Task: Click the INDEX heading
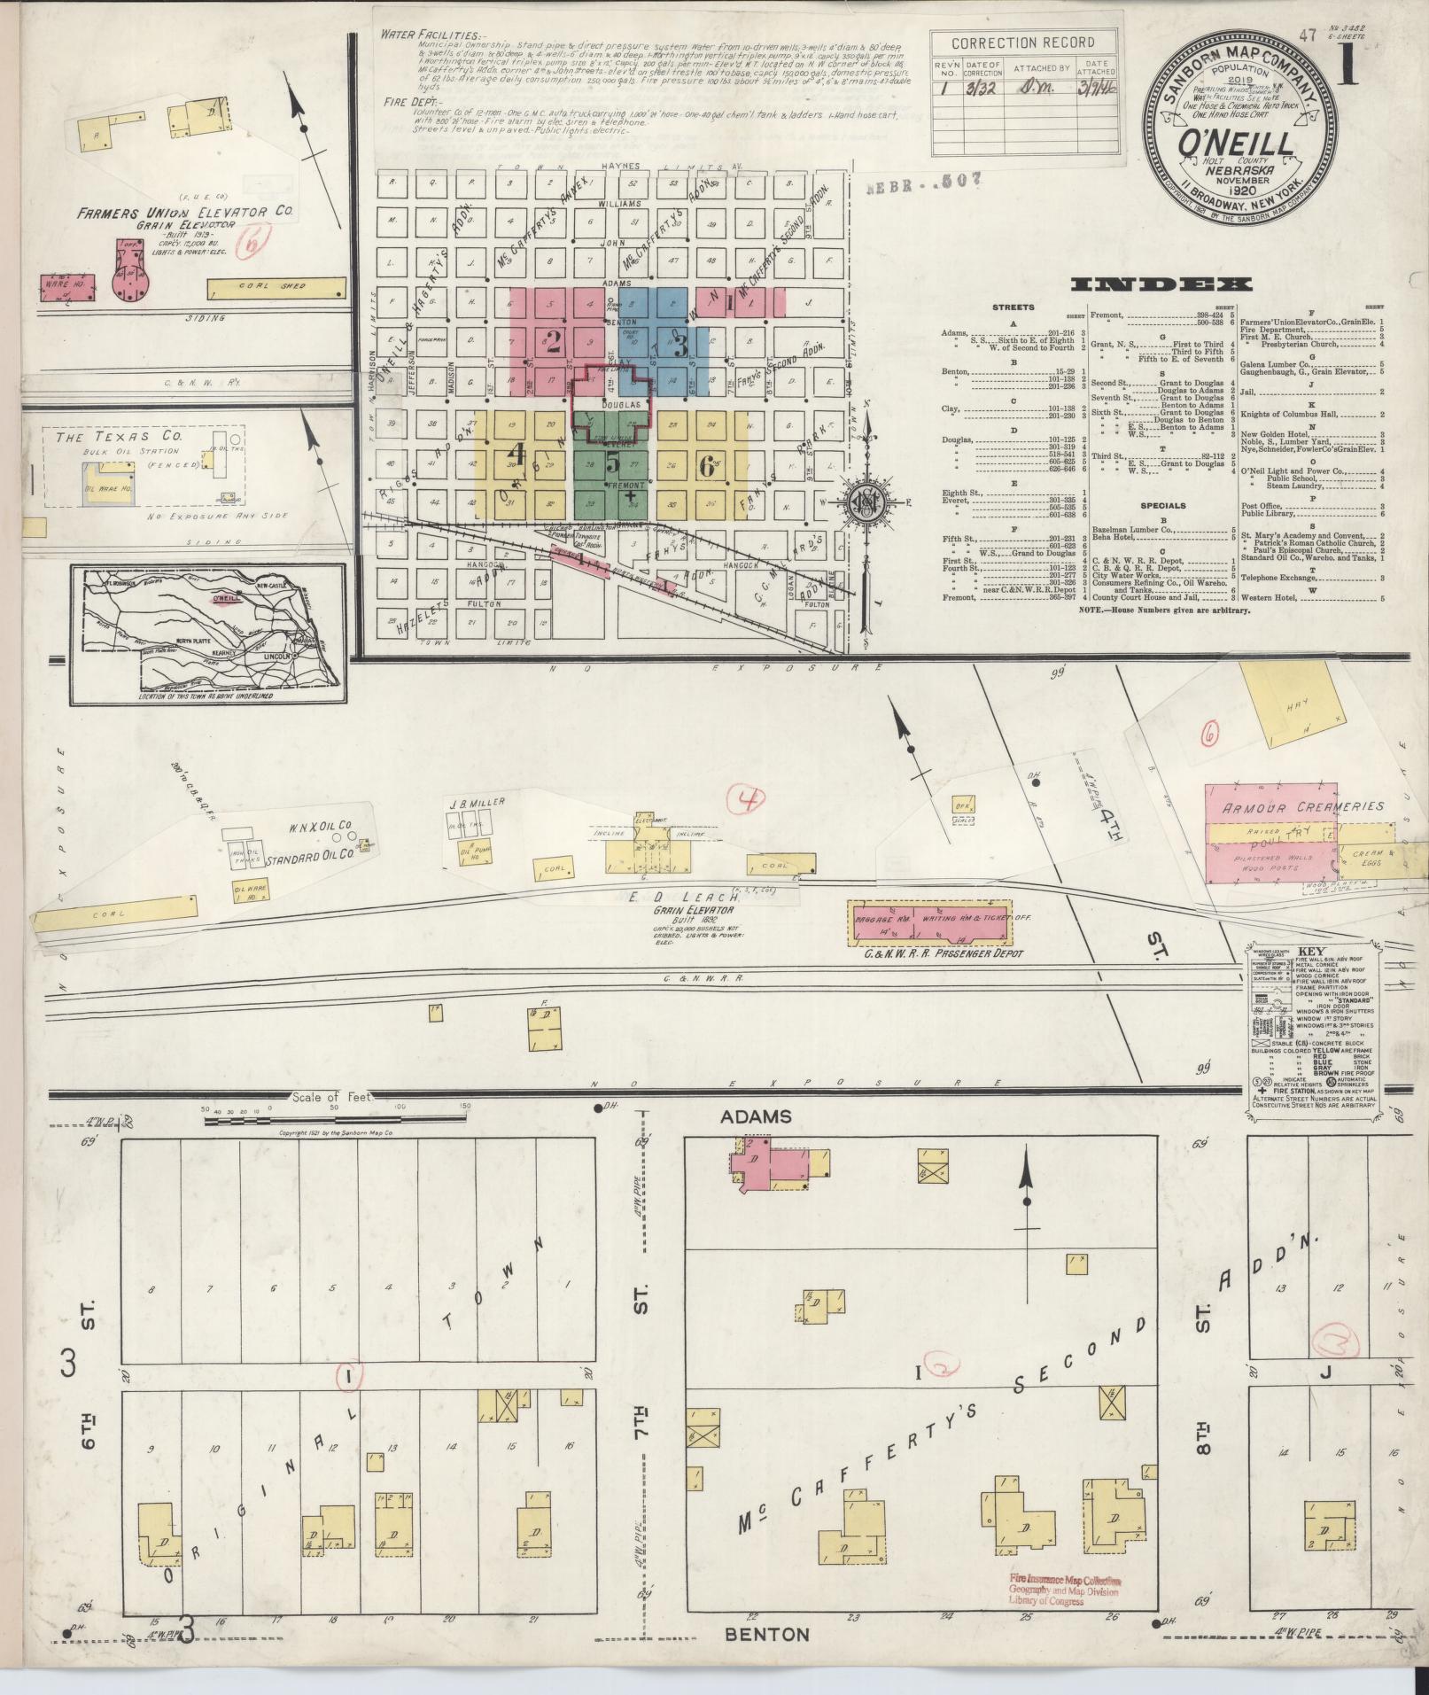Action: click(1161, 284)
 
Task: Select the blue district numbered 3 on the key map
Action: click(680, 343)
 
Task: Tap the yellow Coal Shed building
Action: click(276, 288)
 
